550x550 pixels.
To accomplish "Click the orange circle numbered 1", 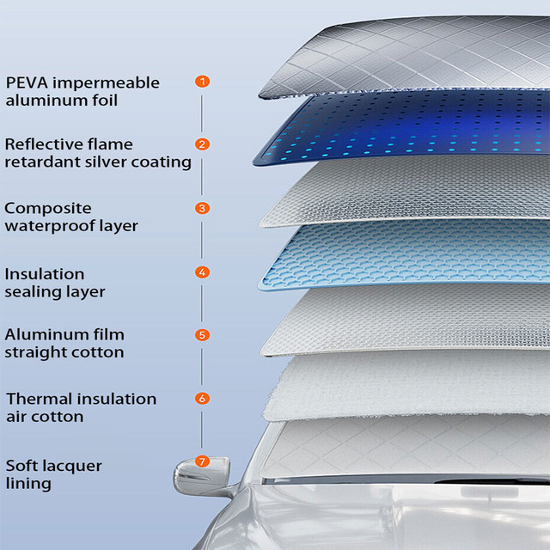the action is (202, 82).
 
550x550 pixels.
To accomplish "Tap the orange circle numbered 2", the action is (202, 144).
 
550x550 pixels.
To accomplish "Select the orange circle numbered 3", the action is (202, 208).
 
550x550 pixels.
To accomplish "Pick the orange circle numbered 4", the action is (202, 272).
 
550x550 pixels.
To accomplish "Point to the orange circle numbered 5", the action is (202, 335).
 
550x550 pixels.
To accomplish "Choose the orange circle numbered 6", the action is (202, 399).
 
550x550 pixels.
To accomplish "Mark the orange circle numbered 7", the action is (202, 461).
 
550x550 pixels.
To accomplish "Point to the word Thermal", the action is (38, 399).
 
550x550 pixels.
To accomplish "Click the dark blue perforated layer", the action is (404, 129).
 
